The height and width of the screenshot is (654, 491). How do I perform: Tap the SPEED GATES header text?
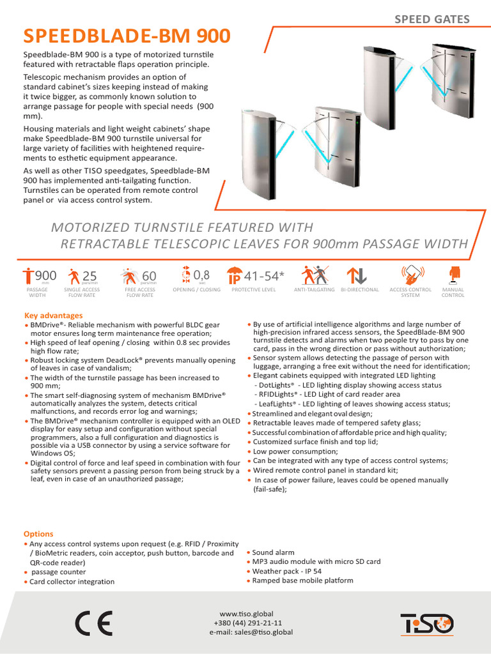(432, 19)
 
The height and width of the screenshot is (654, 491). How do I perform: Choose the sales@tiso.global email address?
(251, 632)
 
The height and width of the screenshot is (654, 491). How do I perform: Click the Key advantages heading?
(53, 316)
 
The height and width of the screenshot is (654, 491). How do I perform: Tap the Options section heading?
(38, 534)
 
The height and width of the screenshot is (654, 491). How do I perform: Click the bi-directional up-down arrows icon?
(356, 275)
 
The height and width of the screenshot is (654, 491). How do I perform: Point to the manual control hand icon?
(455, 274)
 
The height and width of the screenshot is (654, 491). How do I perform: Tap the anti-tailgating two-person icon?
(315, 275)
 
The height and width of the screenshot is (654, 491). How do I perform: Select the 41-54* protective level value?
(263, 276)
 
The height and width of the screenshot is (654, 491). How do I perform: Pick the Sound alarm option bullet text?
(273, 552)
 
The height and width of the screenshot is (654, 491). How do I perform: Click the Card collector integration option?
(72, 582)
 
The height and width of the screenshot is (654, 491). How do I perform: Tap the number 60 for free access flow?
(149, 276)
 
